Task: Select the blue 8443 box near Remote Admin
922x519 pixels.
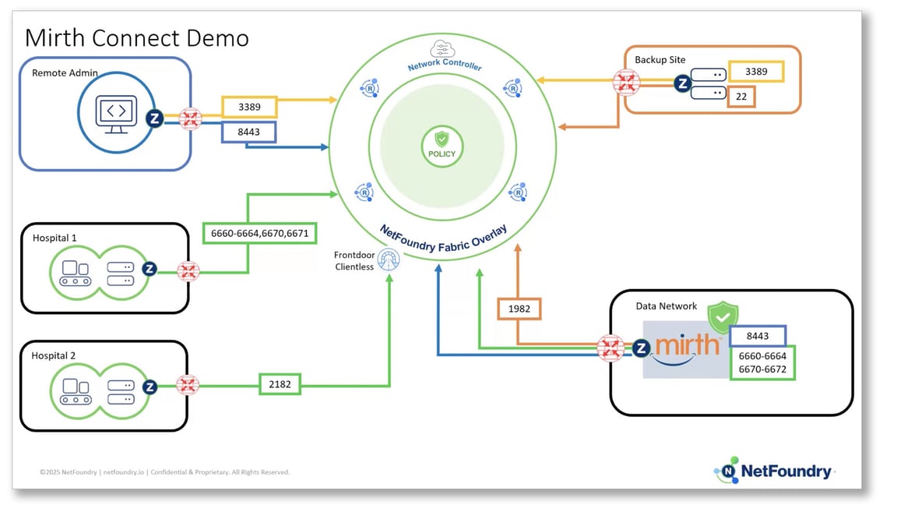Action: (x=250, y=132)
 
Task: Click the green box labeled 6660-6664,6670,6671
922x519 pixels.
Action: (x=259, y=233)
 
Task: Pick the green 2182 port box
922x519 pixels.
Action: (x=280, y=384)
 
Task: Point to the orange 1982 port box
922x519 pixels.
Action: (x=519, y=309)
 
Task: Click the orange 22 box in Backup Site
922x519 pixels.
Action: (x=741, y=97)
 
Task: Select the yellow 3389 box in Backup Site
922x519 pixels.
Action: (x=755, y=72)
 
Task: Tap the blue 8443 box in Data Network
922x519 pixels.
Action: (x=757, y=336)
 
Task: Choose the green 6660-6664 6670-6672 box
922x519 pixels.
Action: (x=762, y=362)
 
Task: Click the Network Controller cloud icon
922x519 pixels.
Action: (x=443, y=49)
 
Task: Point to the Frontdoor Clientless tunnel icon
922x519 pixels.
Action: (x=388, y=261)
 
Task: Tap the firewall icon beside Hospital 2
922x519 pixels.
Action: (x=188, y=385)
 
